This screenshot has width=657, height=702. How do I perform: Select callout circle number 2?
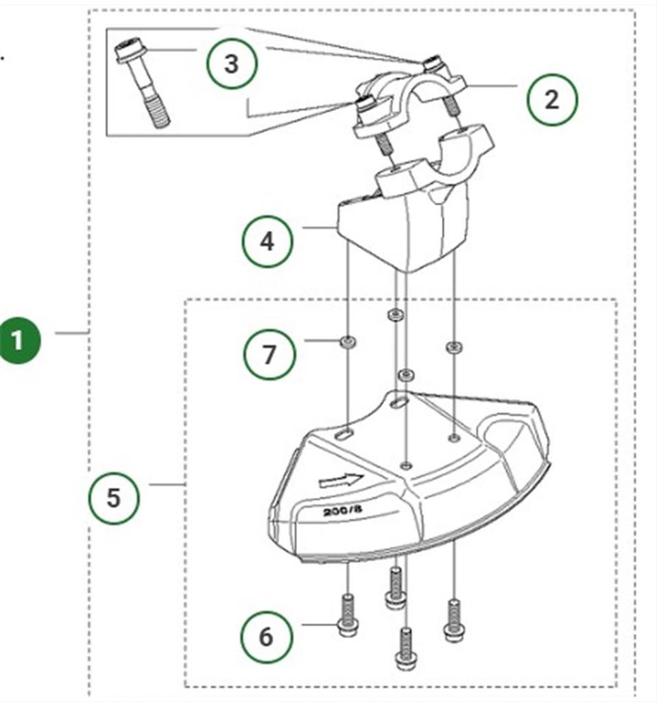click(x=552, y=100)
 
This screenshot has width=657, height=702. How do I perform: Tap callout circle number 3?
click(x=232, y=64)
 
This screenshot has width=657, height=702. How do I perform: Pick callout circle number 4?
click(x=267, y=241)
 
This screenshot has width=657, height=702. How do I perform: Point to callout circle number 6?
click(x=266, y=637)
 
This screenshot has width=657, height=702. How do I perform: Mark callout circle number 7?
click(x=269, y=354)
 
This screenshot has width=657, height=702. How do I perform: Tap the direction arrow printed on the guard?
click(x=342, y=480)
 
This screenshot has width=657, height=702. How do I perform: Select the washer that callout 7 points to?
click(x=348, y=341)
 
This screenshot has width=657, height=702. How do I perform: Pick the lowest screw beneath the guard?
click(x=406, y=650)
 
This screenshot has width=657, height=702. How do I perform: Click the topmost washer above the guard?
click(x=394, y=315)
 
